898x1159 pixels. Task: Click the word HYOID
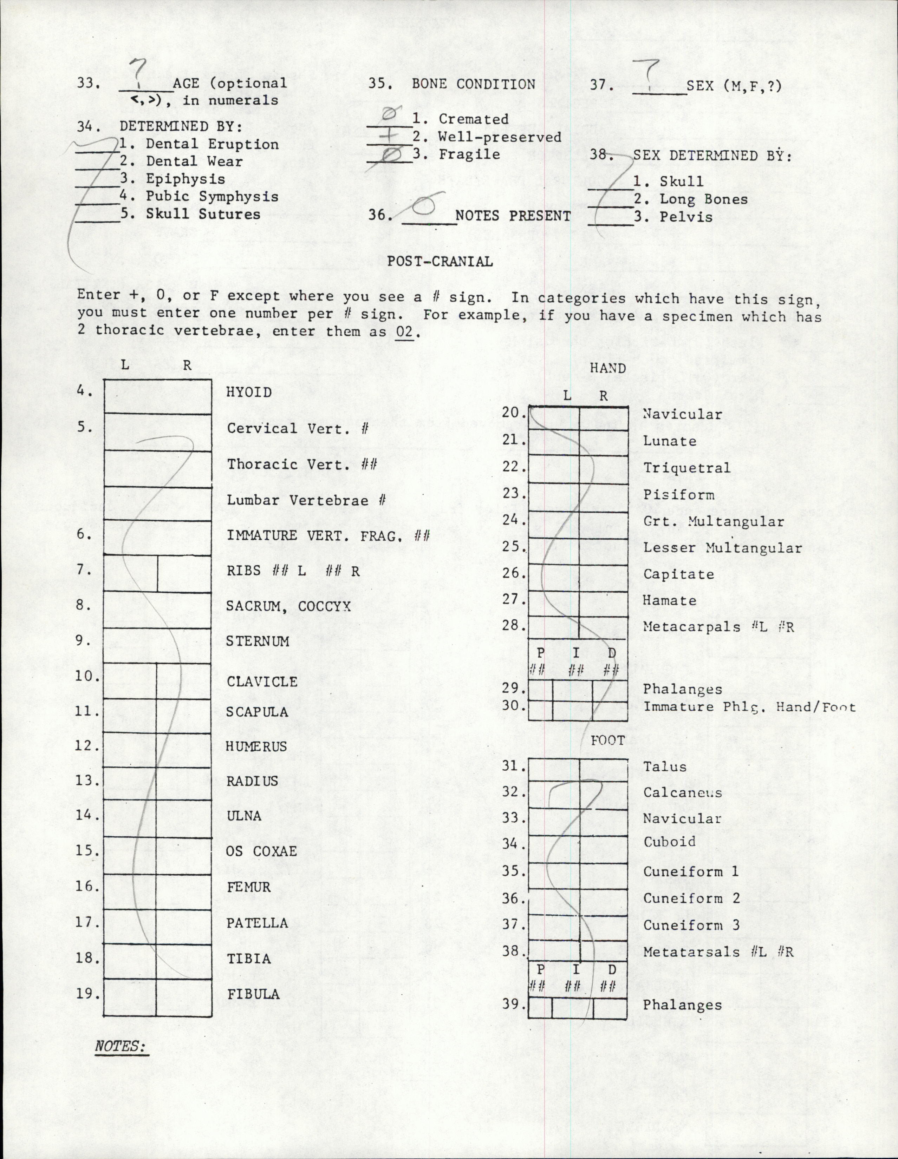coord(249,392)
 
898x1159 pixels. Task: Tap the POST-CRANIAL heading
coord(440,261)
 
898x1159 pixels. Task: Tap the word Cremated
coord(474,119)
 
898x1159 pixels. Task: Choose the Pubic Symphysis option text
coord(213,196)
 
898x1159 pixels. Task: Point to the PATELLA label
coord(257,923)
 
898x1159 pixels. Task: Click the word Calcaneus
coord(682,793)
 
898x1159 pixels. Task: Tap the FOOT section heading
coord(608,740)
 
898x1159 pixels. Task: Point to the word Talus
coord(664,766)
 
